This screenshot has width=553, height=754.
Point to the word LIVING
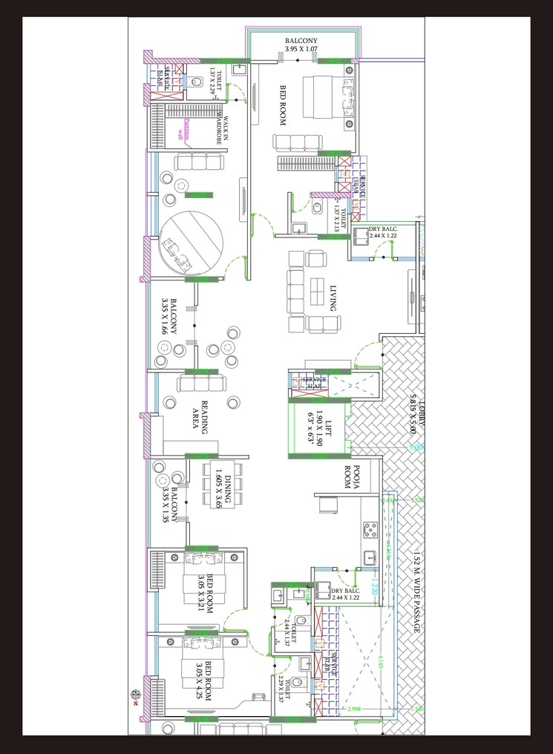click(334, 297)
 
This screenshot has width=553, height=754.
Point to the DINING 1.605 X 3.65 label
click(223, 490)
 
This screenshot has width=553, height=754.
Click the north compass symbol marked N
click(136, 695)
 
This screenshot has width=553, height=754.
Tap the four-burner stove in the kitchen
click(369, 529)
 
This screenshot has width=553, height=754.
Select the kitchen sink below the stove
click(369, 556)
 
